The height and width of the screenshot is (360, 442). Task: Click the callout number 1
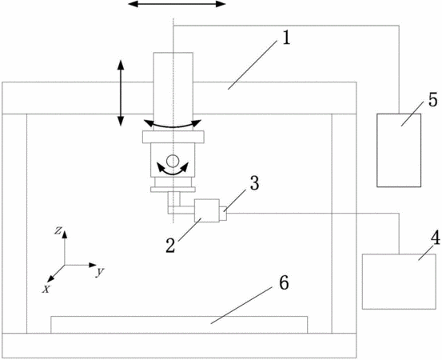tap(286, 38)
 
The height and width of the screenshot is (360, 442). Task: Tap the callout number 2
tap(170, 245)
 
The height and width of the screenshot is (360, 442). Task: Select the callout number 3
tap(254, 183)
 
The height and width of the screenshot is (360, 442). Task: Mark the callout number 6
tap(284, 282)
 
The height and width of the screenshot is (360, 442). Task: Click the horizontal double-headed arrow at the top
tap(177, 4)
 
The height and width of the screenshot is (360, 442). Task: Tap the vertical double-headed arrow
tap(121, 93)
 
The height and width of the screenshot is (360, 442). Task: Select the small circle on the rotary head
tap(172, 161)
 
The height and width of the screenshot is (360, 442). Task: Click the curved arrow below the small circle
tap(173, 172)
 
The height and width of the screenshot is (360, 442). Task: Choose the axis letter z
tap(58, 230)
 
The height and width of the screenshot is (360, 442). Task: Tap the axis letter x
tap(46, 289)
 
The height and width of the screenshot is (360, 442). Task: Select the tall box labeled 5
tap(399, 150)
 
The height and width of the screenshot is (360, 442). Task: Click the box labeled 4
tap(399, 282)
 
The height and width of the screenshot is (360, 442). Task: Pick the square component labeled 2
tap(207, 210)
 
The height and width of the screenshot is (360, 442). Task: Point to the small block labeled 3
tap(223, 214)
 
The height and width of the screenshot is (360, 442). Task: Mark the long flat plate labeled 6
tap(179, 325)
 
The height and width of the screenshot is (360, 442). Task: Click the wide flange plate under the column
tap(173, 137)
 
